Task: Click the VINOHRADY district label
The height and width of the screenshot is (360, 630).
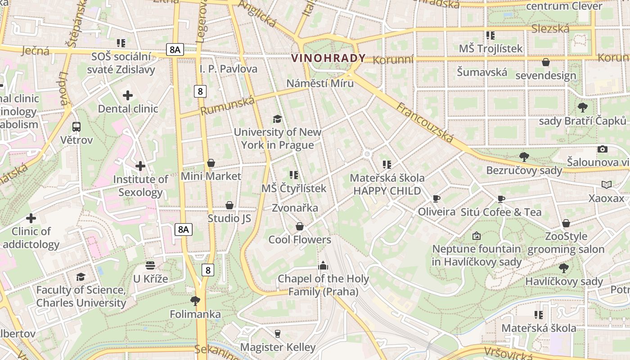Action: [x=328, y=58]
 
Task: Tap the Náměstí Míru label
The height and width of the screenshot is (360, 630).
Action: [x=320, y=83]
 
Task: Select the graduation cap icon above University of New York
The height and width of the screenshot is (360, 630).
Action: [x=278, y=119]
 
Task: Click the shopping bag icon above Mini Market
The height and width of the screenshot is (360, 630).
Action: [x=211, y=163]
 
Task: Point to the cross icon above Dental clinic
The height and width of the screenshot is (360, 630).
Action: [x=128, y=95]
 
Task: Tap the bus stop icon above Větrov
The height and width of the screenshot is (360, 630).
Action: [x=76, y=127]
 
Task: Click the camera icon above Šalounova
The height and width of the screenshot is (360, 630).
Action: [x=602, y=149]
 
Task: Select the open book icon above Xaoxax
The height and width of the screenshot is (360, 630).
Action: [x=607, y=184]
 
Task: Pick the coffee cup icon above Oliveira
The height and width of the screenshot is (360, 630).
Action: [x=436, y=198]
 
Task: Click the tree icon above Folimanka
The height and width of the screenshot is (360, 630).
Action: [x=195, y=300]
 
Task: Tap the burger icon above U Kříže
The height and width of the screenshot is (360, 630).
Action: [x=150, y=265]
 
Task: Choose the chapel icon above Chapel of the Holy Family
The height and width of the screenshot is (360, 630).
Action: [x=323, y=265]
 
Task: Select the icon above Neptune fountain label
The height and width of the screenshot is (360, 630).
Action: [x=477, y=235]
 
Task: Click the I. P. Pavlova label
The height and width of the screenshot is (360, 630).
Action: [x=229, y=69]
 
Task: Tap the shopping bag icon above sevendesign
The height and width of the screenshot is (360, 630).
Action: [x=546, y=62]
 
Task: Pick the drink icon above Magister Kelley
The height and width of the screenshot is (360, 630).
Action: [x=278, y=333]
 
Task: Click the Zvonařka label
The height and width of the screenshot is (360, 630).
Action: [x=295, y=208]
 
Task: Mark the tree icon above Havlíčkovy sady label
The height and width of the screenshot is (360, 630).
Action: [x=564, y=268]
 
